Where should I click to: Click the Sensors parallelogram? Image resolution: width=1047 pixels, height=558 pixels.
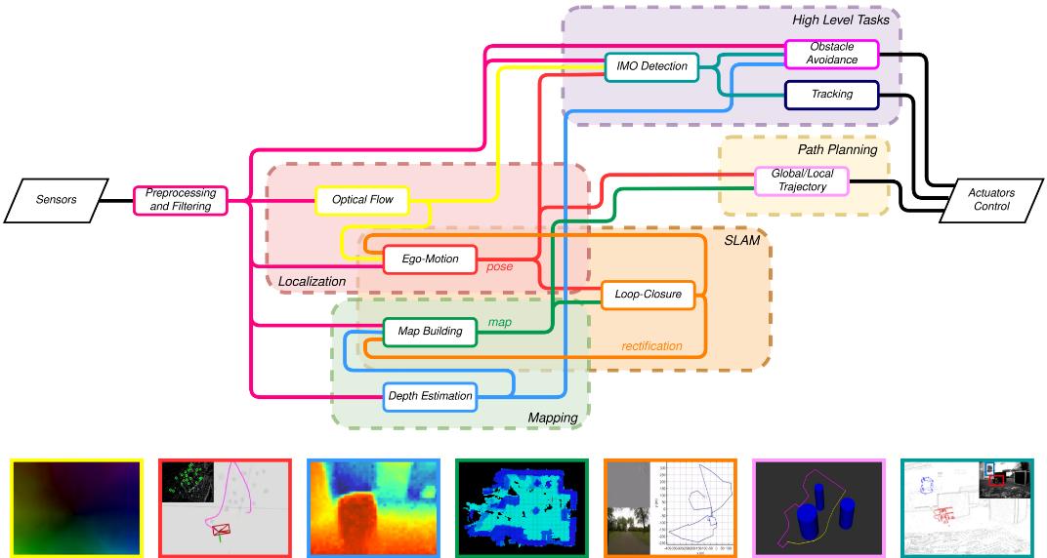(56, 200)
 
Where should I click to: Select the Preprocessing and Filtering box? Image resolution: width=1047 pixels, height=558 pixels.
(180, 200)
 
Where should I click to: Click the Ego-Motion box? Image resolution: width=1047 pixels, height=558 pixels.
(430, 259)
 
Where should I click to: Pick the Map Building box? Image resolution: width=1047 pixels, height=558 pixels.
(430, 332)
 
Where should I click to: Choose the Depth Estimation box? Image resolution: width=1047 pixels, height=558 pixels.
(430, 395)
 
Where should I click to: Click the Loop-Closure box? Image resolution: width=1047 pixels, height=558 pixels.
(648, 293)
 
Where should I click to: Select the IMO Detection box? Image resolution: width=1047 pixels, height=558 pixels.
(651, 66)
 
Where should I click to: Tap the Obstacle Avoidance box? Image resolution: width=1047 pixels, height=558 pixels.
(833, 54)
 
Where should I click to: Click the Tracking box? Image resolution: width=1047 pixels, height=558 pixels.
(831, 95)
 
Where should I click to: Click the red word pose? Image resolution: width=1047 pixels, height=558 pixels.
(500, 266)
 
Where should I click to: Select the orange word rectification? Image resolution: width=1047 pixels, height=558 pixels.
(651, 346)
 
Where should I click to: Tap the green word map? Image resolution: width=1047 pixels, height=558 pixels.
(499, 321)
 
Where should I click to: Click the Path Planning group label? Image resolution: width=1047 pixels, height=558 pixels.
(837, 149)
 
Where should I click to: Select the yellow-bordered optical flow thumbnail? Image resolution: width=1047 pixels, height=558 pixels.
(76, 508)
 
